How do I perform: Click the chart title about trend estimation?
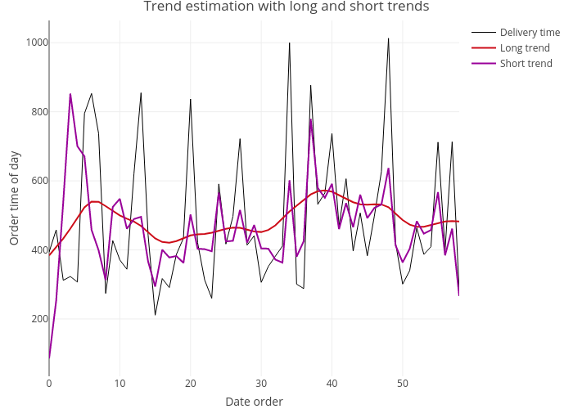click(286, 7)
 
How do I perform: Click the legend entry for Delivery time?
click(530, 33)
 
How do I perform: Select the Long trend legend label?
click(525, 48)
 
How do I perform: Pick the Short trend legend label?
click(526, 64)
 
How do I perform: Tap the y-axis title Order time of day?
click(15, 198)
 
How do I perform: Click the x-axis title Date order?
click(254, 401)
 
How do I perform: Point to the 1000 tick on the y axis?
click(37, 43)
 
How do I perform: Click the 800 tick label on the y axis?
click(37, 112)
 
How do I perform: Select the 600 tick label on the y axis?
click(37, 181)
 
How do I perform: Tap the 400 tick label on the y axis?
click(37, 249)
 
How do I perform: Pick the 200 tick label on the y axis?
click(37, 319)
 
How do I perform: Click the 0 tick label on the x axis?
click(49, 383)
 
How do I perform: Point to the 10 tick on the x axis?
click(120, 383)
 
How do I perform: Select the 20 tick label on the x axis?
click(191, 383)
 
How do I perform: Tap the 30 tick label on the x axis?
click(261, 383)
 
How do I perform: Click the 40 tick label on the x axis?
click(332, 383)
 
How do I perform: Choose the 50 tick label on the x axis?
click(403, 383)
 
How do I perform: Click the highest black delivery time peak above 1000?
click(389, 38)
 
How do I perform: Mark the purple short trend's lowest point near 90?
click(49, 357)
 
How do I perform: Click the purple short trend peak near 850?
click(70, 94)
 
